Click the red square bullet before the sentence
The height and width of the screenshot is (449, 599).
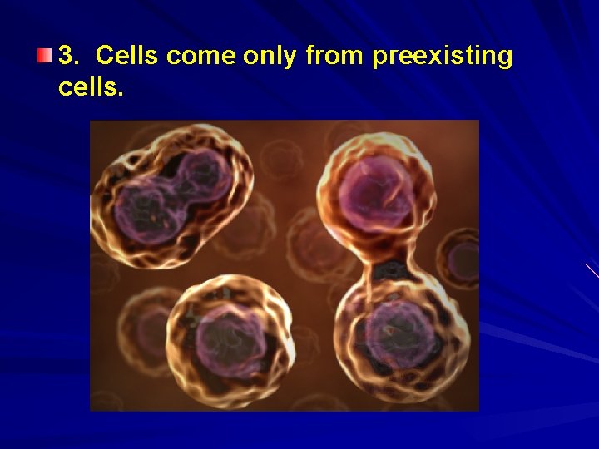click(44, 56)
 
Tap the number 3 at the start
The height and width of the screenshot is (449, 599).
click(67, 56)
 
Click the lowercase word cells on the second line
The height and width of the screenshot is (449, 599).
click(87, 86)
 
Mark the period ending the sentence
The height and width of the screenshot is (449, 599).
click(121, 92)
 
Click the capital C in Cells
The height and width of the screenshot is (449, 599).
click(104, 56)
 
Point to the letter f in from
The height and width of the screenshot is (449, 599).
click(310, 56)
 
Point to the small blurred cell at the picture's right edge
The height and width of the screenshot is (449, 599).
click(462, 259)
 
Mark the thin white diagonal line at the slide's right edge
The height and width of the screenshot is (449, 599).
click(592, 270)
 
